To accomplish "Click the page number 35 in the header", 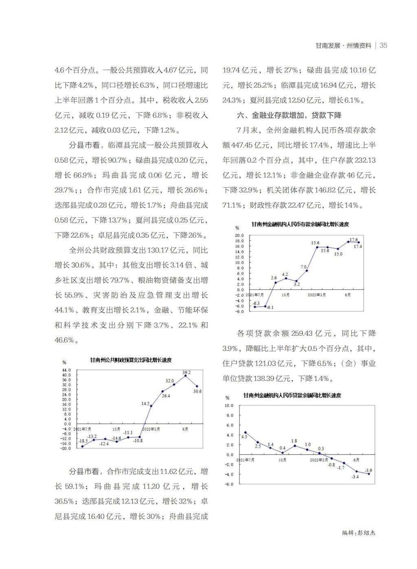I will (x=383, y=46).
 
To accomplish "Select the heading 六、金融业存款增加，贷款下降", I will (x=289, y=115).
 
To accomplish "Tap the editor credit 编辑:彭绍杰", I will (x=359, y=533).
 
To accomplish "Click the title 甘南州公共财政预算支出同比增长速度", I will (x=131, y=360).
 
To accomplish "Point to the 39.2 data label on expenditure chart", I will (x=187, y=372).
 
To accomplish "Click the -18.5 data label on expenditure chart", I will (x=83, y=441).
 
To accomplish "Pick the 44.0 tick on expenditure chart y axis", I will (x=66, y=370).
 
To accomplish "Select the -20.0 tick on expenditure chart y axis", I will (x=66, y=448).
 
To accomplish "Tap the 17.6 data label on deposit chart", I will (x=353, y=240).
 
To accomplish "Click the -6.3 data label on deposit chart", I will (x=256, y=303).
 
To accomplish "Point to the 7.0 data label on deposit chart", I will (x=303, y=267).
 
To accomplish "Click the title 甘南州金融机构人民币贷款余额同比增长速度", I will (x=292, y=395).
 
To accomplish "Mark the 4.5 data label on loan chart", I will (x=244, y=436).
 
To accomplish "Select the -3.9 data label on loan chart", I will (x=369, y=470).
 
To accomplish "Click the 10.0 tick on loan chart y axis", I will (x=229, y=406).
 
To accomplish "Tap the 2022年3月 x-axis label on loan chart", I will (x=319, y=460).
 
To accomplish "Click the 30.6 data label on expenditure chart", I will (x=198, y=391).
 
